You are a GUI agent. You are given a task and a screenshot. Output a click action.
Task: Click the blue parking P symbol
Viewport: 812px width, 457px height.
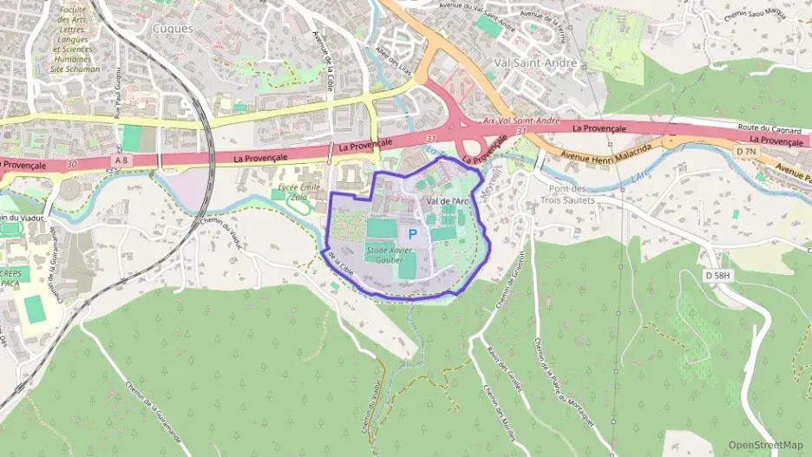coord(412,234)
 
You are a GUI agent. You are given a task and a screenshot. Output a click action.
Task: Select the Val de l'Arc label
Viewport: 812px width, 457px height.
coord(448,201)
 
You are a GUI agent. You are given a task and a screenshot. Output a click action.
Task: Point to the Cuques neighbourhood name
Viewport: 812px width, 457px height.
coord(173,28)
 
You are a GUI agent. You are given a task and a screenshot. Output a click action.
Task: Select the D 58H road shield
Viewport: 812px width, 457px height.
coord(717,275)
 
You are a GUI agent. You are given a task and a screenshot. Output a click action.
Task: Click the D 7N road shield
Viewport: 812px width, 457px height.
coord(746,151)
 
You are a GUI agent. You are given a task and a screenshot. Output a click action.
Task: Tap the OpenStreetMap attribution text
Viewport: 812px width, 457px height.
coord(765,445)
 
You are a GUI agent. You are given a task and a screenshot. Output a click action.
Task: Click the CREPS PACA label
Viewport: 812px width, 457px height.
coord(14,277)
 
